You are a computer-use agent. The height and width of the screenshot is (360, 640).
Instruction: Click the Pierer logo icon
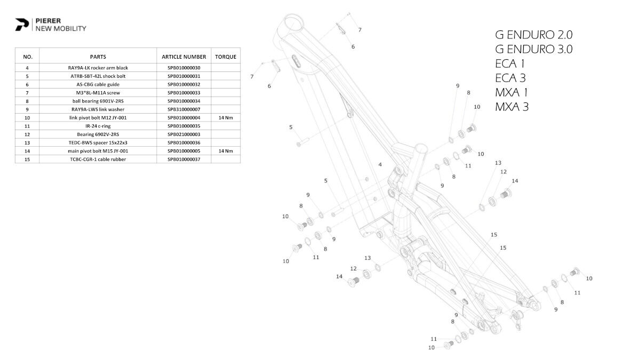22,25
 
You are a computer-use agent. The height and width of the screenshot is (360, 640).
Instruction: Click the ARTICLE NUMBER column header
184,57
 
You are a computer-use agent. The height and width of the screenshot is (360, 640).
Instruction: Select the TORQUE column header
226,57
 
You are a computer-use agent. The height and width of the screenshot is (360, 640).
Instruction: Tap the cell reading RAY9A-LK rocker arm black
98,68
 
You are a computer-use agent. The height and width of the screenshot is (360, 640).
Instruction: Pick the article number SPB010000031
184,76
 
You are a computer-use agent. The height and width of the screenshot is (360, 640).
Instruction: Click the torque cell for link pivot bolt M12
226,117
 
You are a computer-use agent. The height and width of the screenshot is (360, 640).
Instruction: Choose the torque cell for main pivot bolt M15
226,151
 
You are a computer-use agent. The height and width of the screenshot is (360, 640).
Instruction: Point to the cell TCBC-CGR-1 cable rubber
98,159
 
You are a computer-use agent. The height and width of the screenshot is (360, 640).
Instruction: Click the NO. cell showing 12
27,134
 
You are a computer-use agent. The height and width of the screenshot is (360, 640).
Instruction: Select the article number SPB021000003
184,134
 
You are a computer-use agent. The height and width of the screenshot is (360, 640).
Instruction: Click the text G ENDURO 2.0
534,35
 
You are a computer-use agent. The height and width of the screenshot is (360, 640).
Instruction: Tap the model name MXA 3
512,107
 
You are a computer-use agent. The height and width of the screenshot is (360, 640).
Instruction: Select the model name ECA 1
510,64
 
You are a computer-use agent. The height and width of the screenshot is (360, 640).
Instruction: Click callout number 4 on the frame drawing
380,165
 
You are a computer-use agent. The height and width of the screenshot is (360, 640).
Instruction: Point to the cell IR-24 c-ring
98,126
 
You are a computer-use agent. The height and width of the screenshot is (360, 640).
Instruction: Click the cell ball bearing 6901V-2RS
98,101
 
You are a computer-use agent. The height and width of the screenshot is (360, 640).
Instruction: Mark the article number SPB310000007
184,109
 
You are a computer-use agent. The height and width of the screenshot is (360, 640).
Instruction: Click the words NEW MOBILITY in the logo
61,29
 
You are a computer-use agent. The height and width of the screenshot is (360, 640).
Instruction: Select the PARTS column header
98,57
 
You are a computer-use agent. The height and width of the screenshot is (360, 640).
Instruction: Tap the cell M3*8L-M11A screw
98,93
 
